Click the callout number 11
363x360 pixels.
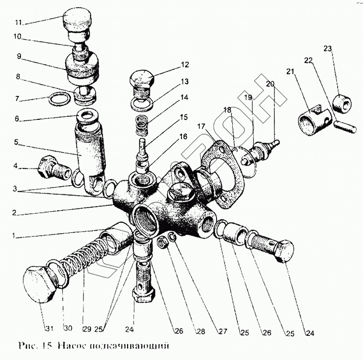point(18,22)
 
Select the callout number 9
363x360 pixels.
point(19,57)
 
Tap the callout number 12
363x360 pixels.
point(184,65)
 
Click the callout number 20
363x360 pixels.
point(270,84)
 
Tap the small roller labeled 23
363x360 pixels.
point(343,103)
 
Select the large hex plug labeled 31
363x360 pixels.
point(39,284)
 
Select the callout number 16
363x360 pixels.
point(183,136)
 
